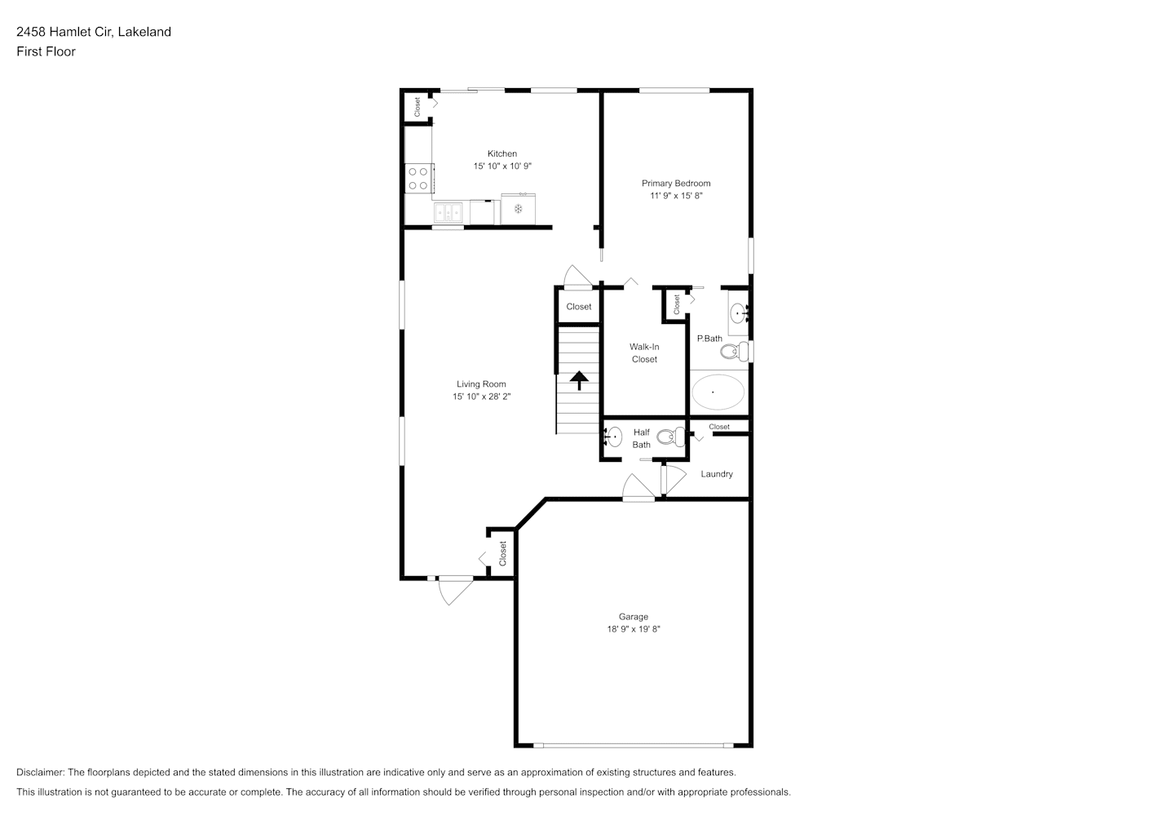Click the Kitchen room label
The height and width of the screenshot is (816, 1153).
[501, 153]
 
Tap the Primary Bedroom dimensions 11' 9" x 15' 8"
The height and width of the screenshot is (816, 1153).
[676, 196]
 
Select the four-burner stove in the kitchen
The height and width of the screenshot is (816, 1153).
[419, 178]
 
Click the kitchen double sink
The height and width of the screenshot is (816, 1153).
[448, 211]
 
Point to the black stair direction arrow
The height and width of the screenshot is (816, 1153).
[579, 380]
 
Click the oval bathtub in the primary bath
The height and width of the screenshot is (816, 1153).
[718, 392]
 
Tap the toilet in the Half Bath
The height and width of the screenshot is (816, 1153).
[672, 437]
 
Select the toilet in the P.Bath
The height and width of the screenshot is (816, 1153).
[735, 352]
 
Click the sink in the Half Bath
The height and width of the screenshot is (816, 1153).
[613, 437]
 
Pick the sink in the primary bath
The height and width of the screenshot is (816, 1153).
[739, 313]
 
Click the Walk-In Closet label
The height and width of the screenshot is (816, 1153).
[644, 353]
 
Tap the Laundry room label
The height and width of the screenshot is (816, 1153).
[717, 474]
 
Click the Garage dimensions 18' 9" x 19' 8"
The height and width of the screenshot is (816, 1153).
[633, 629]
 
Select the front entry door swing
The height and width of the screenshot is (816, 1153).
[456, 592]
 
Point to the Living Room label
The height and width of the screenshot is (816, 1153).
[481, 384]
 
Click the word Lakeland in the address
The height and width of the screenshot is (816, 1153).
[144, 32]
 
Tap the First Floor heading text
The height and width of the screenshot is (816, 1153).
[46, 51]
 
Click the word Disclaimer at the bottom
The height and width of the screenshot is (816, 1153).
[41, 772]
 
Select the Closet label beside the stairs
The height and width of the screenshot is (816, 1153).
[579, 307]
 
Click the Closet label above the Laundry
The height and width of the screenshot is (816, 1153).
[719, 427]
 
